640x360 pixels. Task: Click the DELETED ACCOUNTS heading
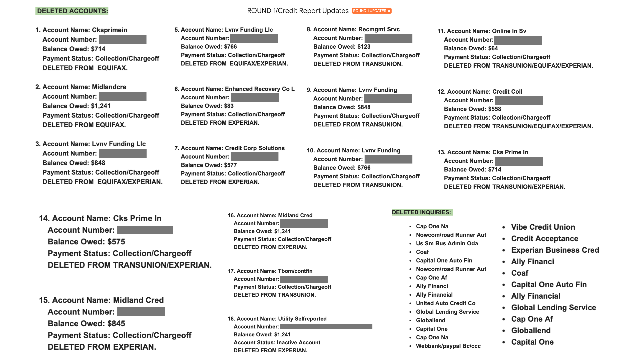[72, 11]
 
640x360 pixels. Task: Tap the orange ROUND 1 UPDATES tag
[371, 11]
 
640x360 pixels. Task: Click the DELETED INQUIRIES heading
[422, 212]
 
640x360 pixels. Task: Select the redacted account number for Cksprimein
[122, 40]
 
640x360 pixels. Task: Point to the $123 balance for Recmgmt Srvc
[364, 47]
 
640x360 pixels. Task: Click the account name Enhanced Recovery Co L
[259, 89]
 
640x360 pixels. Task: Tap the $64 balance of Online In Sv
[493, 48]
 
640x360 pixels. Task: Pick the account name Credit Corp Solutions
[255, 148]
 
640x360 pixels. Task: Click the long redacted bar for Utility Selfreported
[326, 327]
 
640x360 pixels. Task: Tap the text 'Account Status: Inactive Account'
[277, 342]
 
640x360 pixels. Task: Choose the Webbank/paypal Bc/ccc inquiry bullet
[448, 346]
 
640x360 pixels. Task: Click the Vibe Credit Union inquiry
[543, 227]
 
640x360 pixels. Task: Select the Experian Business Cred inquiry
[555, 250]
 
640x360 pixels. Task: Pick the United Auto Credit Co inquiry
[445, 303]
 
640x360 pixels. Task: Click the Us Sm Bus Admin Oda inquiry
[447, 243]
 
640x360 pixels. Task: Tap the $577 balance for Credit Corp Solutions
[230, 165]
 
